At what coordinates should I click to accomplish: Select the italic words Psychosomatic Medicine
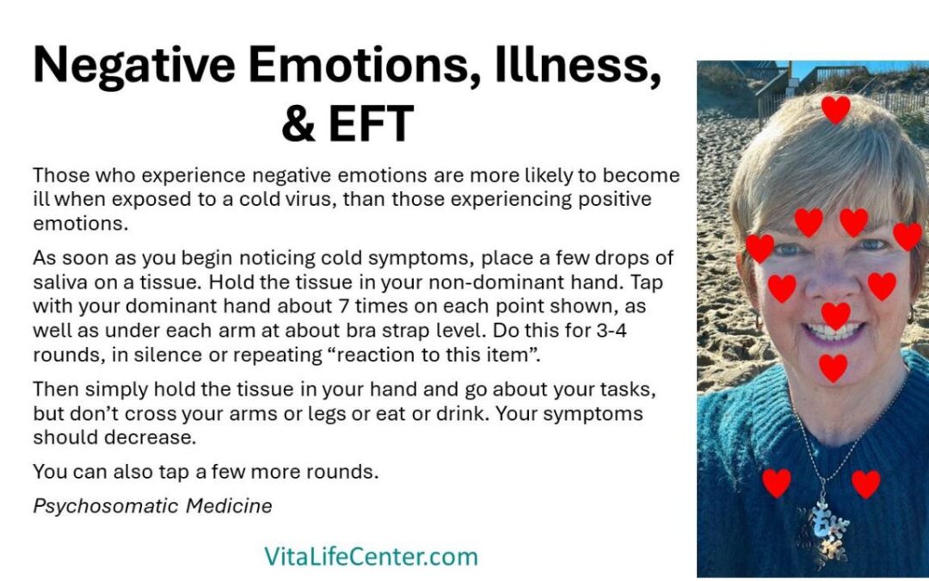point(152,506)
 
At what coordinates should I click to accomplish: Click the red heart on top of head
point(834,108)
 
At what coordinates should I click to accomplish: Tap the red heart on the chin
point(833,368)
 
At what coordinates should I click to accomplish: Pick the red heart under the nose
point(835,315)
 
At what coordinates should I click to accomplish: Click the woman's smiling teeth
point(832,331)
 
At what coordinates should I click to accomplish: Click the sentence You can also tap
point(206,472)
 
